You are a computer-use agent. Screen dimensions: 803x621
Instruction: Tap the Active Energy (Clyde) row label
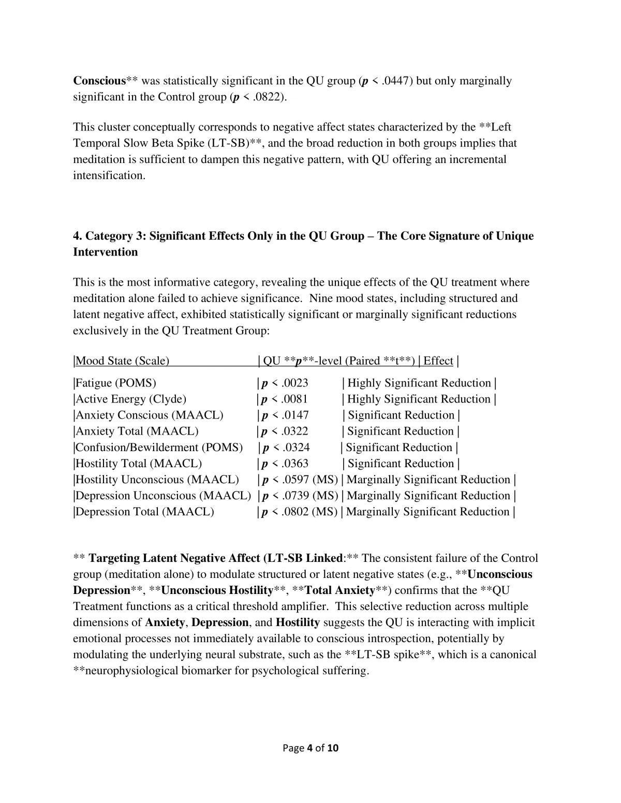point(131,399)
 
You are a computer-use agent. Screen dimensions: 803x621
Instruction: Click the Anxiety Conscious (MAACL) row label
point(150,415)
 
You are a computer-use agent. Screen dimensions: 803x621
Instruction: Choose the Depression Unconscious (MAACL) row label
point(163,496)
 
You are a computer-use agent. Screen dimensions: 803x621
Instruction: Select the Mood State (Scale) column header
point(123,361)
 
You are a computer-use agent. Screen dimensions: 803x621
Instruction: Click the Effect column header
point(438,361)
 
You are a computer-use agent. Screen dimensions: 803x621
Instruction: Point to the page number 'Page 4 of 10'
point(310,748)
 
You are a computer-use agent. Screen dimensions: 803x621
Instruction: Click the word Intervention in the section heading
point(106,252)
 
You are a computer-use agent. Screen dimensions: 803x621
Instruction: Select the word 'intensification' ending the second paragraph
point(109,175)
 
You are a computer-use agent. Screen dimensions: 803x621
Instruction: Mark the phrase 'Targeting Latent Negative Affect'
point(175,559)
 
